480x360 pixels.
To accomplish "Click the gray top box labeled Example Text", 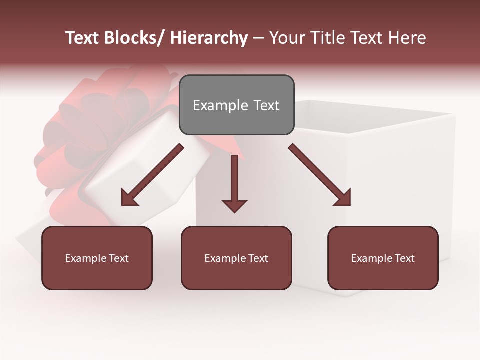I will click(236, 105).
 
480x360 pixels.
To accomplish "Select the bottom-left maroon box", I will click(97, 258).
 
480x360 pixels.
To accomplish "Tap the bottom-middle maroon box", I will click(236, 258).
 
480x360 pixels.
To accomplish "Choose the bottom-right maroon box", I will click(383, 258).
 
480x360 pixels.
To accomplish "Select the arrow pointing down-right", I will click(320, 175).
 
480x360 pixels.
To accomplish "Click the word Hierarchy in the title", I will click(209, 38).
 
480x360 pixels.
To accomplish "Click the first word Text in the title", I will click(82, 38).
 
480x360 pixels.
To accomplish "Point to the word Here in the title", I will click(406, 38).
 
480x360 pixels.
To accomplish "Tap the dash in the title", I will click(258, 38).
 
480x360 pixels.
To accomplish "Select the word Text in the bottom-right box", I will click(404, 258).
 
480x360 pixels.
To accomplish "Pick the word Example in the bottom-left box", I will click(83, 258).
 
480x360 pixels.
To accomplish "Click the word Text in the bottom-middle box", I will click(257, 258).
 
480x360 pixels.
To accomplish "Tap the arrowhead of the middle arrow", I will click(234, 205).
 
